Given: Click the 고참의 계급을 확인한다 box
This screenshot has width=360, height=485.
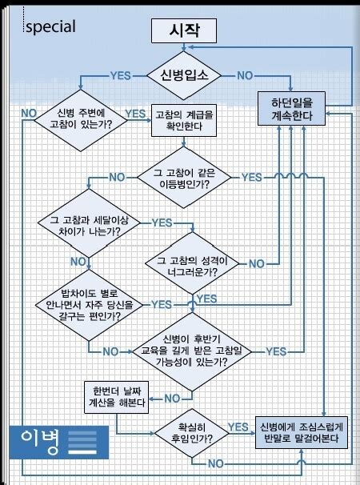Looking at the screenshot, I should (x=183, y=119).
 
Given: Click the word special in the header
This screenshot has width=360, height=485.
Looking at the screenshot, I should (x=50, y=26).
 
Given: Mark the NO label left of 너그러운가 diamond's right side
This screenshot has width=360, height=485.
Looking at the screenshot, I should (x=257, y=263).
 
